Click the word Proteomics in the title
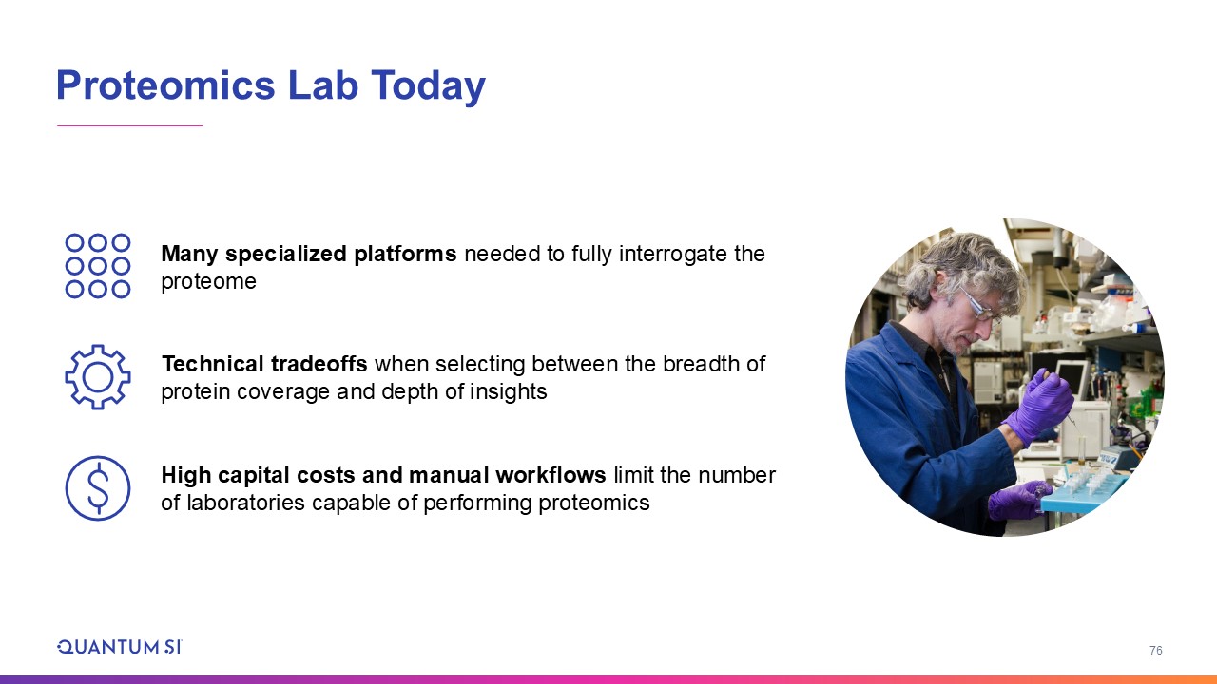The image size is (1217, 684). (165, 85)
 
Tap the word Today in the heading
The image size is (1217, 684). (428, 86)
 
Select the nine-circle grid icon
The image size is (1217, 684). (98, 266)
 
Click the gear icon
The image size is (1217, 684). (98, 377)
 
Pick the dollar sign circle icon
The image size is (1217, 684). (98, 488)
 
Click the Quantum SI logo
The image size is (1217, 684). (120, 647)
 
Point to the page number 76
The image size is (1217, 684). (1155, 651)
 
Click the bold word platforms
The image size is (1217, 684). (405, 255)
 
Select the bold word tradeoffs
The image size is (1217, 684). (319, 364)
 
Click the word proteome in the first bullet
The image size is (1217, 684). (208, 282)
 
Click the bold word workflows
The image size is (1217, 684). (551, 475)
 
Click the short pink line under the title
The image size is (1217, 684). (130, 126)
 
